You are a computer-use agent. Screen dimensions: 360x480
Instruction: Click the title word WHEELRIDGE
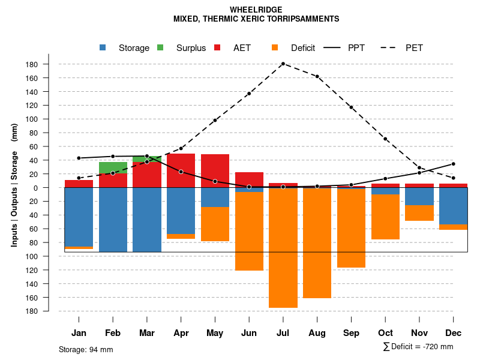(x=256, y=10)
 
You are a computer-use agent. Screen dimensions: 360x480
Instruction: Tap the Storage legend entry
(x=133, y=48)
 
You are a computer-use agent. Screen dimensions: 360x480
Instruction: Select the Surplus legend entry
(x=191, y=48)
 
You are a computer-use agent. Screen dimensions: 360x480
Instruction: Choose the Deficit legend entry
(x=302, y=48)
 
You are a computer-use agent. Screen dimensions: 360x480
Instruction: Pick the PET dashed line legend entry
(x=414, y=48)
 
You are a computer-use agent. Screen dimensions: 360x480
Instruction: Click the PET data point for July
(x=283, y=64)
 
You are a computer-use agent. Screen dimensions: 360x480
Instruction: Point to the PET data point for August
(x=317, y=76)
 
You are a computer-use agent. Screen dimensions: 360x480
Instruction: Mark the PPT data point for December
(x=453, y=164)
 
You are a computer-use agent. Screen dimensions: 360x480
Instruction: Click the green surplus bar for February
(x=113, y=167)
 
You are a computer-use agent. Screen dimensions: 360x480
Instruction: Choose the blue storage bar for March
(x=146, y=220)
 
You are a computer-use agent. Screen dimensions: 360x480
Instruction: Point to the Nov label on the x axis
(x=419, y=333)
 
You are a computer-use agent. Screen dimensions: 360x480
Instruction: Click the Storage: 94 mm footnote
(x=86, y=349)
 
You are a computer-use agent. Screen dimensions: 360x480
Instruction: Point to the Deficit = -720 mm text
(x=421, y=347)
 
